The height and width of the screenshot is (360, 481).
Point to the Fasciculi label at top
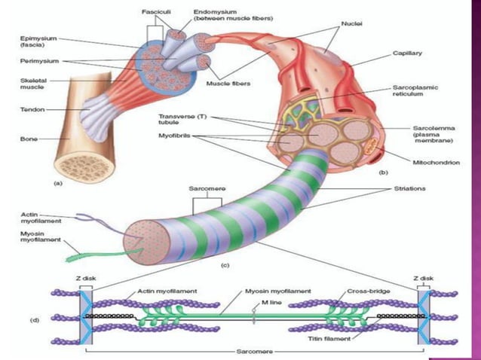(156, 13)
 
